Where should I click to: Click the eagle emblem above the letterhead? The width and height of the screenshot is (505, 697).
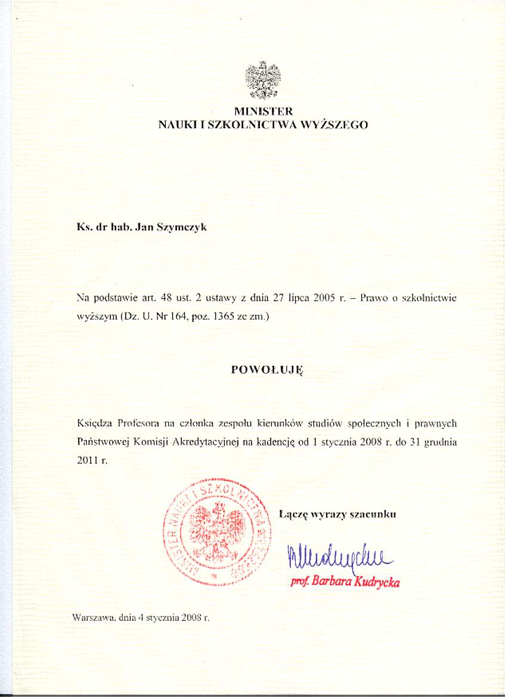[x=263, y=80]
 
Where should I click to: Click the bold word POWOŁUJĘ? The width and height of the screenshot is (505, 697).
[x=267, y=370]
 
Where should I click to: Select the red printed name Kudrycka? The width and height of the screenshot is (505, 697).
[x=377, y=583]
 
